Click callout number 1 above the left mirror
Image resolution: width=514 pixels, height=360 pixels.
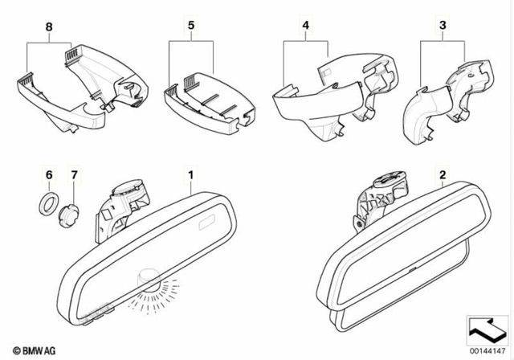(191, 174)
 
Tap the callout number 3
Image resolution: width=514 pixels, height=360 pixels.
(442, 27)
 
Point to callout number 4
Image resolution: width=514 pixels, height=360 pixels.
(305, 27)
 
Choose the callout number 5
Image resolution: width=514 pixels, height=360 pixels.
(191, 27)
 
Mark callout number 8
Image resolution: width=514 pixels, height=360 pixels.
(50, 27)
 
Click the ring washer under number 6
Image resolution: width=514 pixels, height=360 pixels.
(48, 200)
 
